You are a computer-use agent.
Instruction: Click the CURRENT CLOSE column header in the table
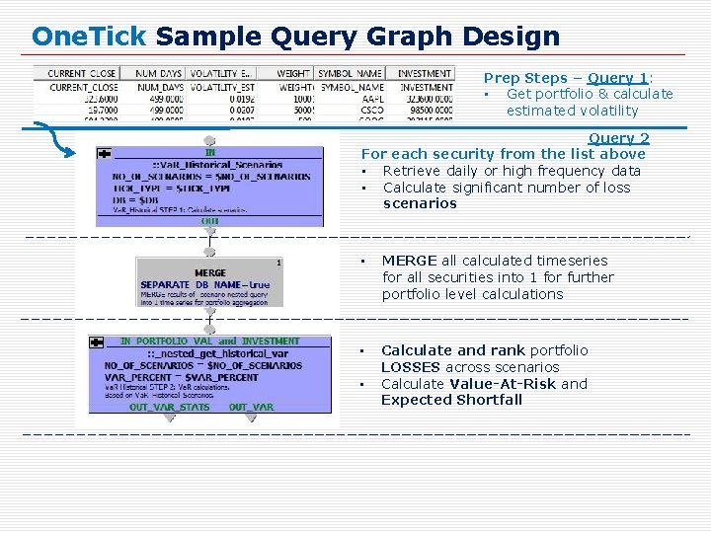click(81, 73)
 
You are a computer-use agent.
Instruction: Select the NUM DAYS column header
click(159, 73)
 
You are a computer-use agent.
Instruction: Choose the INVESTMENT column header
click(425, 73)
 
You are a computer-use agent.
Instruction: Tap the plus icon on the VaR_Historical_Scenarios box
click(104, 153)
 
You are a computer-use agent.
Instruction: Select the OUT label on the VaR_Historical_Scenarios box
click(210, 221)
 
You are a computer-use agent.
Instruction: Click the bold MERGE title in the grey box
click(210, 272)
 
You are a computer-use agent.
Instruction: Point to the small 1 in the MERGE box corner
click(279, 263)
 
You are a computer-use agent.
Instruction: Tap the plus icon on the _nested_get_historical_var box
click(96, 342)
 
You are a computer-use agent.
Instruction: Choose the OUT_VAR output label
click(251, 407)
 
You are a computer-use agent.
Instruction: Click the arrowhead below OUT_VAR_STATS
click(169, 418)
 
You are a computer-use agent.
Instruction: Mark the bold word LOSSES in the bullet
click(412, 367)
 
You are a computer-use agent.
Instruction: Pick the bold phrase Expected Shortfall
click(451, 400)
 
